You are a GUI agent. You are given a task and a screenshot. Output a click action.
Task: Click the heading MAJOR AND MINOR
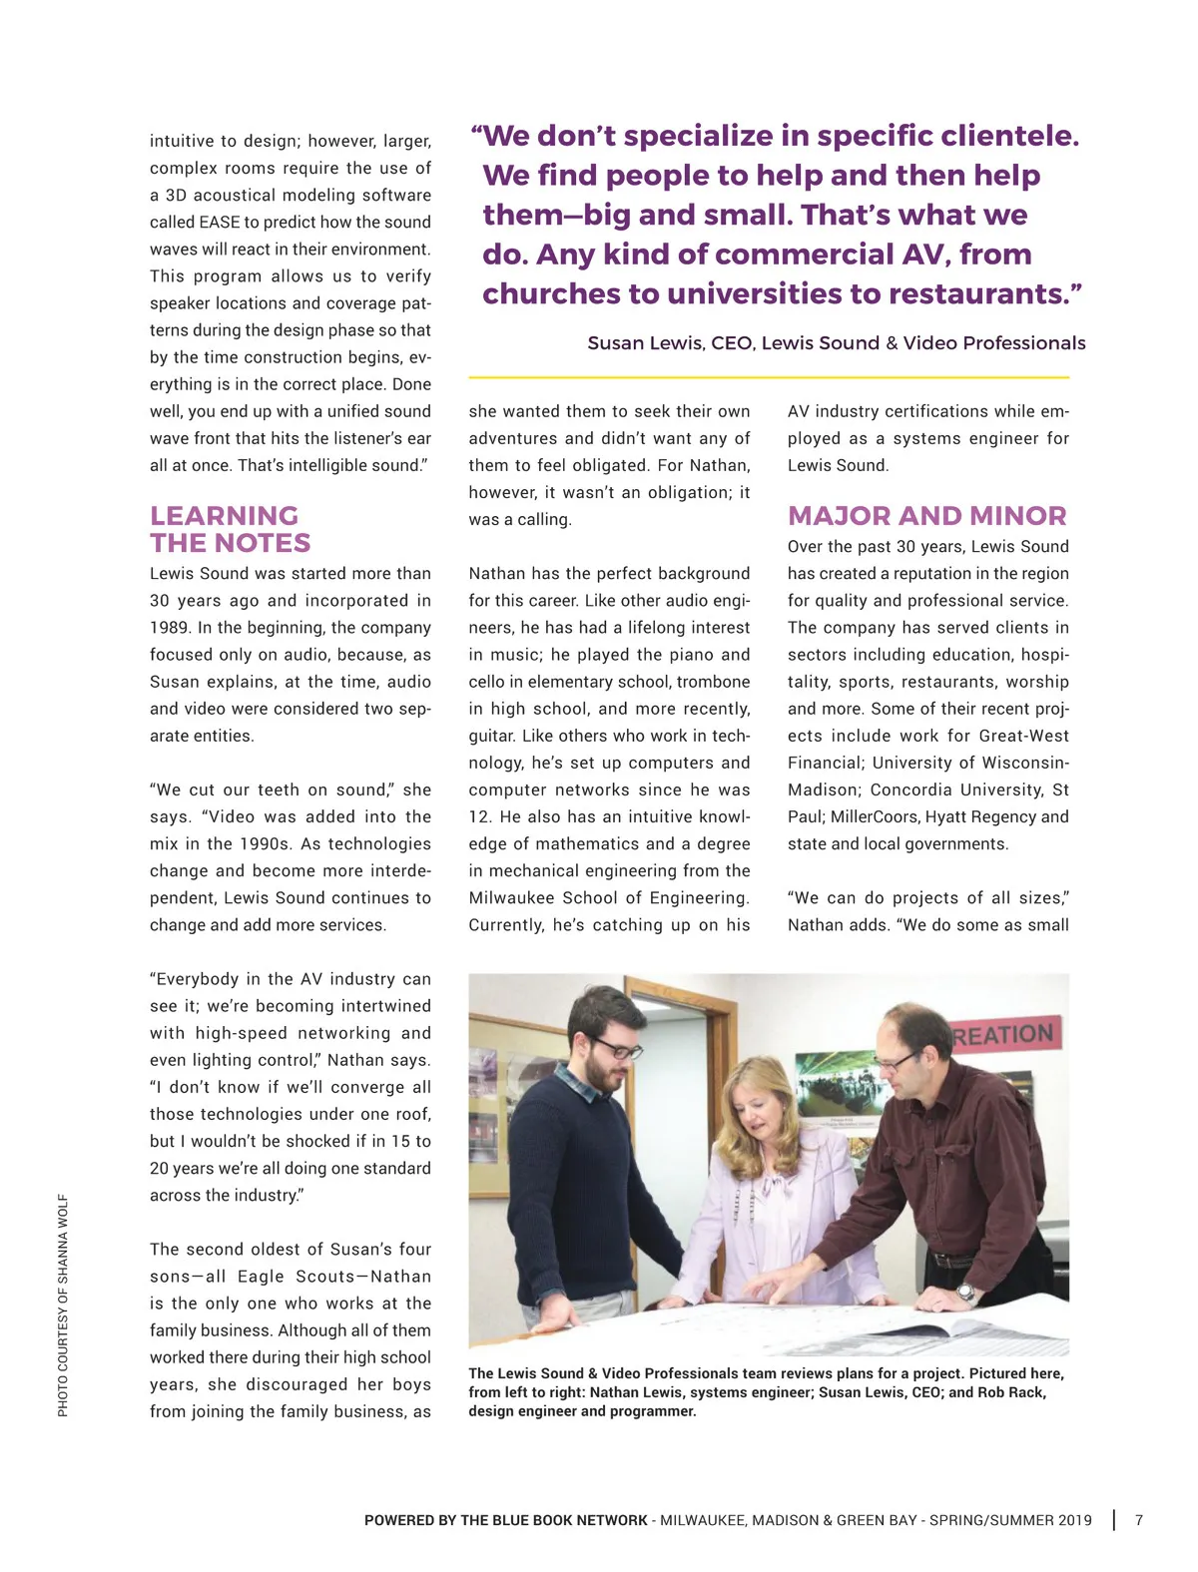click(x=926, y=516)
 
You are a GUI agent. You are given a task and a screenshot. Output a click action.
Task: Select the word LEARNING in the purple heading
click(x=224, y=516)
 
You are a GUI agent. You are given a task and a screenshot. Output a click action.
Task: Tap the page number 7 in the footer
click(x=1139, y=1520)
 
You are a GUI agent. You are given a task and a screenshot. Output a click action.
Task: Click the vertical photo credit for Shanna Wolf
click(x=63, y=1305)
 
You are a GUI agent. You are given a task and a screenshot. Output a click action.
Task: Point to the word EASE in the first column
click(x=220, y=223)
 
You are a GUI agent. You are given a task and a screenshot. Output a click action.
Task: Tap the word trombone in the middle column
click(x=713, y=682)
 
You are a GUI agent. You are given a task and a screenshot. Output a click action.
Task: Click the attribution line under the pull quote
click(x=836, y=343)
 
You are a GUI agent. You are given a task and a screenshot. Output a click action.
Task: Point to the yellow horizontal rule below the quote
click(x=769, y=377)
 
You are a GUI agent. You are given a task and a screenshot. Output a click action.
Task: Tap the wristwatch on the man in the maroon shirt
click(x=964, y=1293)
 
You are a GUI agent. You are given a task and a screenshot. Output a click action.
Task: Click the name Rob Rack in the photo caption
click(x=1011, y=1392)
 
